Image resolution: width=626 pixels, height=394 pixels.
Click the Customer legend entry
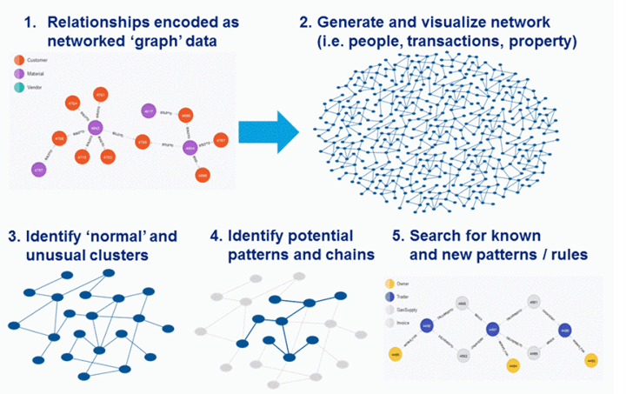point(36,60)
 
